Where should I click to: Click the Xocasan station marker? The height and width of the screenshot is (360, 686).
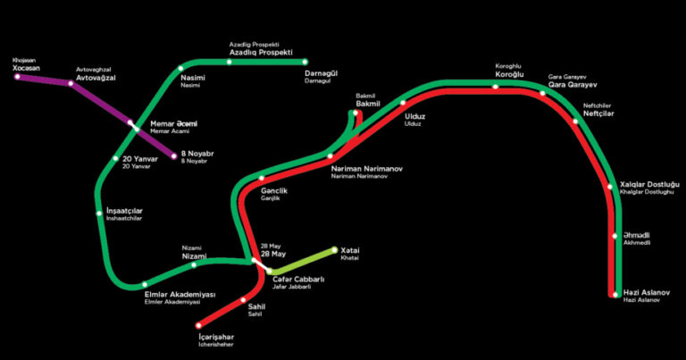coord(17,77)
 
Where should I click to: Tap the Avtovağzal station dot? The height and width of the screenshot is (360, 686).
coord(71,83)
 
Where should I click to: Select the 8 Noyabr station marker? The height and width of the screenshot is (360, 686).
coord(173,156)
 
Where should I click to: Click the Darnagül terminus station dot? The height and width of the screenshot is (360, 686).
coord(305,62)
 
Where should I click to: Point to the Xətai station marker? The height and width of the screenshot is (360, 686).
coord(335,250)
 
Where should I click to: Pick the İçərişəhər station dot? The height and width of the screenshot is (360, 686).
coord(198,325)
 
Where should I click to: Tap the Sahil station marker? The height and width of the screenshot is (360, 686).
coord(243,300)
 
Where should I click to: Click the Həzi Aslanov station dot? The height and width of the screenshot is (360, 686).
coord(615,295)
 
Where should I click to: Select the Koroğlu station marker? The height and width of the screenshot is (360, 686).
coord(495,87)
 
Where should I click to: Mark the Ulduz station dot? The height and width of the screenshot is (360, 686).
coord(403,103)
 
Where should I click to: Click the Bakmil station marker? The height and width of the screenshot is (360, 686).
coord(356,113)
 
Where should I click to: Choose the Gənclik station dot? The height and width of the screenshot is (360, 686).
coord(262,178)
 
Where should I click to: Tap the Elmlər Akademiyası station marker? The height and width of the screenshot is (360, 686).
coord(145,284)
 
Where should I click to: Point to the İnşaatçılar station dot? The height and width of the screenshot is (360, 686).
coord(99,213)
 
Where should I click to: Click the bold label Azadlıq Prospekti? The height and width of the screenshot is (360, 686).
coord(261,53)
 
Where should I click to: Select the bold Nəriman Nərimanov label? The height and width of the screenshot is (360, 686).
coord(366,169)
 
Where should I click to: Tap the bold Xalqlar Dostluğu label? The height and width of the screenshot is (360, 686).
coord(649,185)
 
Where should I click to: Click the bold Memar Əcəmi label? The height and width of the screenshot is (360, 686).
coord(173,124)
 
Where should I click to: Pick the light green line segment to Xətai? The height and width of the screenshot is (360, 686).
coord(302,261)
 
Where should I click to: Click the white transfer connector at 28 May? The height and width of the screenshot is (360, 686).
coord(261,266)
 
